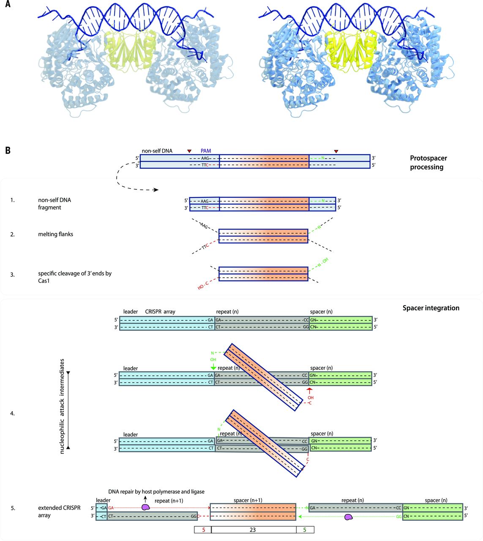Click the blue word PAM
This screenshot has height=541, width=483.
pyautogui.click(x=206, y=151)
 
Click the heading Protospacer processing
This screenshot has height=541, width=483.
pyautogui.click(x=428, y=162)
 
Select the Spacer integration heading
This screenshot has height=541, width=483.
pyautogui.click(x=431, y=308)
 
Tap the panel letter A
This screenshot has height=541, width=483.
pyautogui.click(x=8, y=4)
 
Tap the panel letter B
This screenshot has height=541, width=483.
pyautogui.click(x=8, y=150)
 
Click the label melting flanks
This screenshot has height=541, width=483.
pyautogui.click(x=55, y=234)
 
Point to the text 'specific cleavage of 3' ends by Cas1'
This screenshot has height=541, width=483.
pyautogui.click(x=75, y=277)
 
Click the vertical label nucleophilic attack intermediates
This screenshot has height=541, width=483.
pyautogui.click(x=62, y=407)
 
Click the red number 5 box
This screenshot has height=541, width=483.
pyautogui.click(x=203, y=530)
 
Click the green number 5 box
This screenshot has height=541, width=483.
pyautogui.click(x=305, y=530)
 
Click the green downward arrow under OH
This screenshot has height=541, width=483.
pyautogui.click(x=213, y=367)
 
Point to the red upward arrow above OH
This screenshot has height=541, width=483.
pyautogui.click(x=309, y=391)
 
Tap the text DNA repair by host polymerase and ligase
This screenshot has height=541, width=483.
pyautogui.click(x=156, y=492)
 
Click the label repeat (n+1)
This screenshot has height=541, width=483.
pyautogui.click(x=169, y=501)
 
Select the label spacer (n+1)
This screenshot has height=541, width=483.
pyautogui.click(x=248, y=500)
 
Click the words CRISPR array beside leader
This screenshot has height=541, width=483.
pyautogui.click(x=160, y=311)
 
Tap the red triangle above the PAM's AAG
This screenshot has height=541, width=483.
pyautogui.click(x=189, y=151)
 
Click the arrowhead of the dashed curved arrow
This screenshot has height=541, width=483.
pyautogui.click(x=156, y=190)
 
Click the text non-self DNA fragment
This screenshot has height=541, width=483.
pyautogui.click(x=55, y=204)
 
